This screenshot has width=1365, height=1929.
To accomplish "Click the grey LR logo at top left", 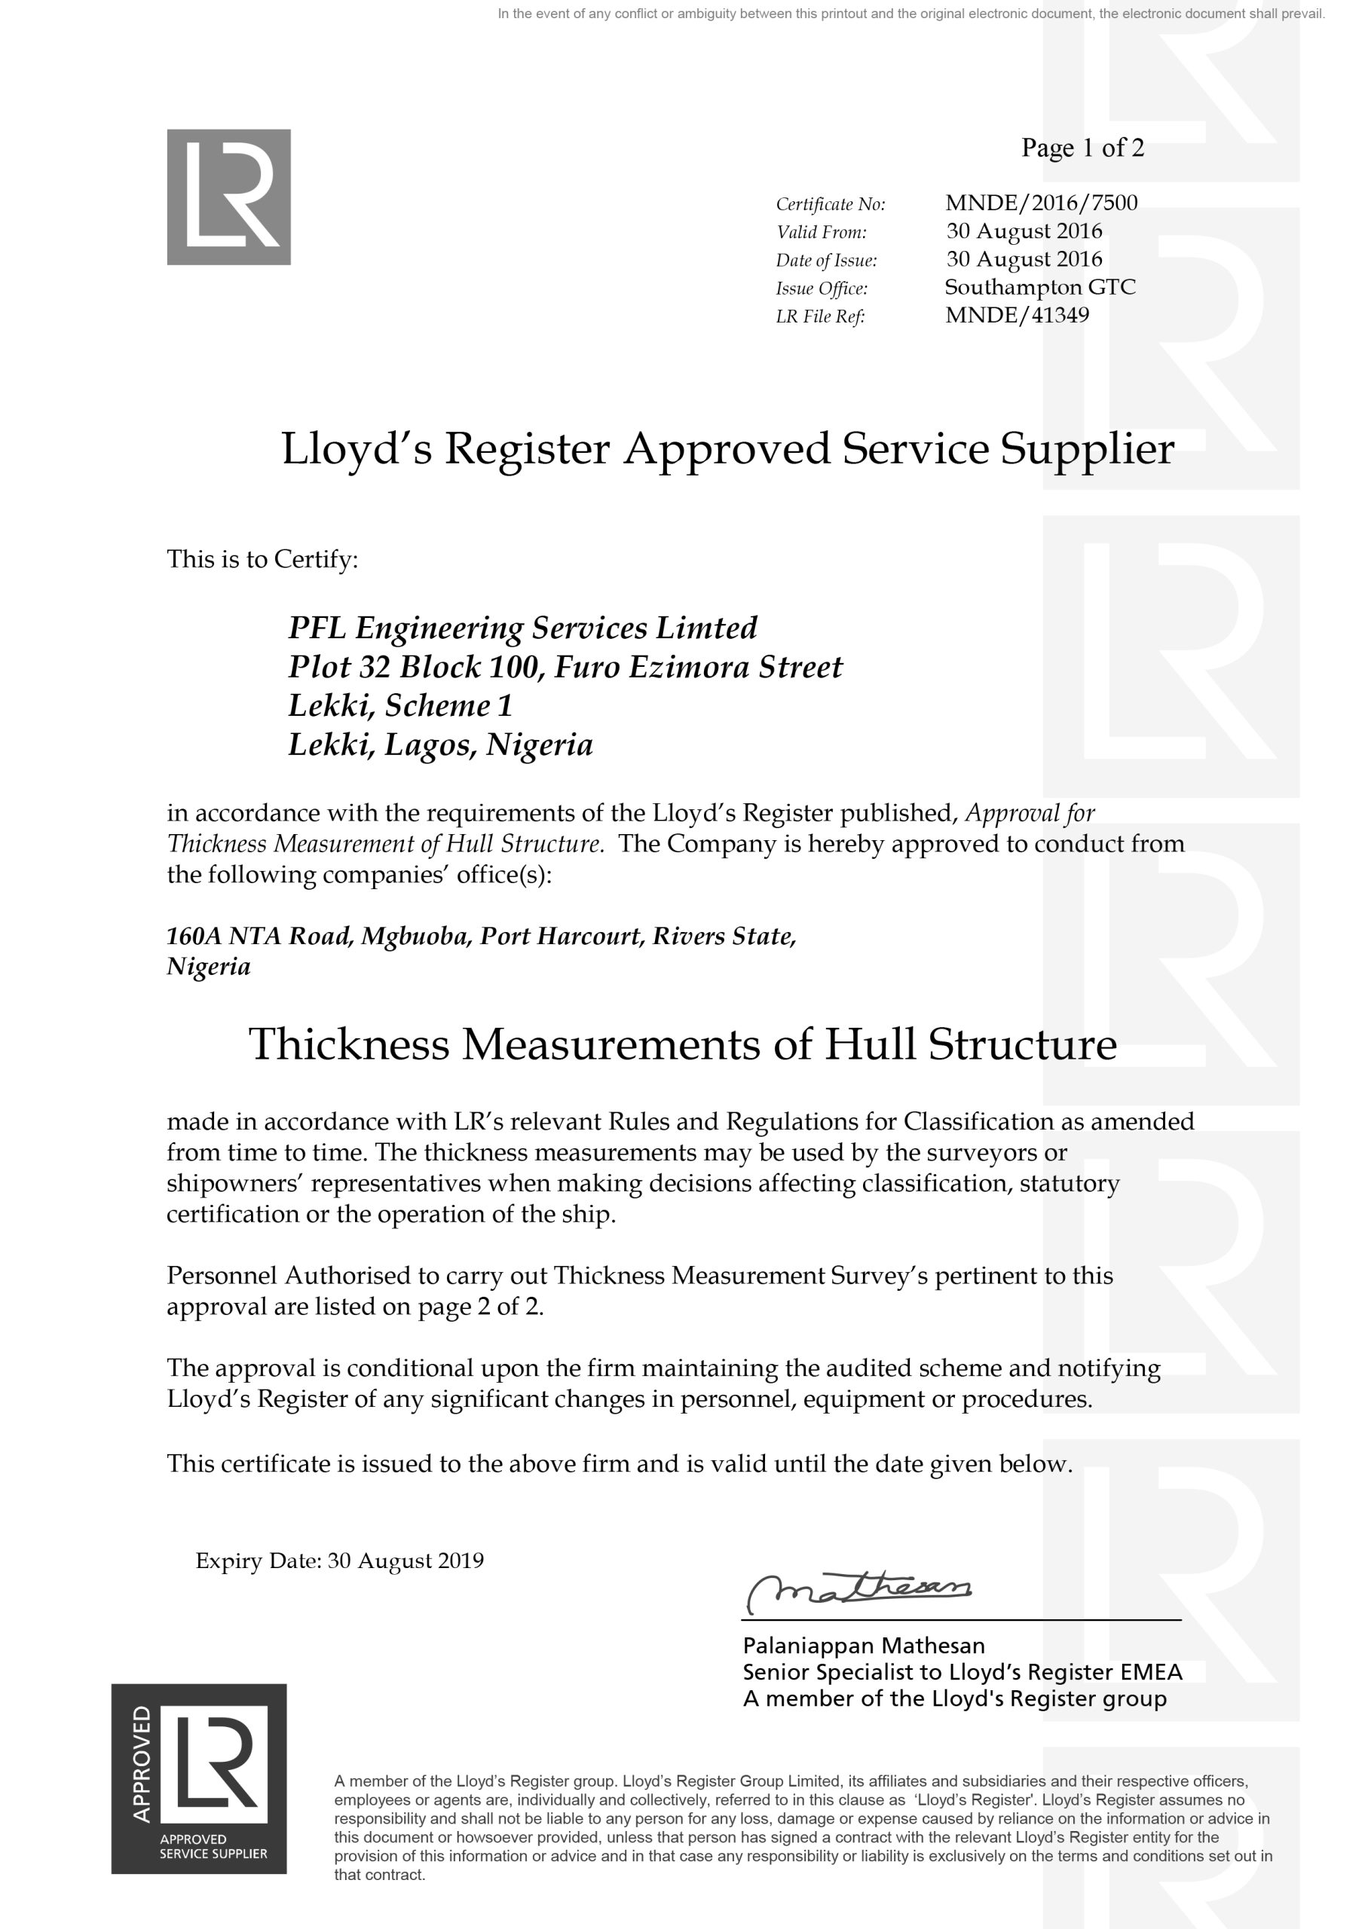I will (x=228, y=197).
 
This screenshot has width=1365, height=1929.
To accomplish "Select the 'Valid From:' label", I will (x=821, y=232).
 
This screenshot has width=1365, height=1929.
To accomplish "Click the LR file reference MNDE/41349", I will (x=1017, y=315).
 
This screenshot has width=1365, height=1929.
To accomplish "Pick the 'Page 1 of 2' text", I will (x=1082, y=148).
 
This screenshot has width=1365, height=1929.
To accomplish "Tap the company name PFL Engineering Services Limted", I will (x=523, y=628).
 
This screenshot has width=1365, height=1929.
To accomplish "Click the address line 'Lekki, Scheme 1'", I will (x=400, y=706).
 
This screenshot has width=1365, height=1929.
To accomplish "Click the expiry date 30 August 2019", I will (x=406, y=1561).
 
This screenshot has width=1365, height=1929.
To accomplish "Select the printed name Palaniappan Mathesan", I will (x=863, y=1645).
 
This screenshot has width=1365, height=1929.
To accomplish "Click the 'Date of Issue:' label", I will (x=826, y=261).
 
